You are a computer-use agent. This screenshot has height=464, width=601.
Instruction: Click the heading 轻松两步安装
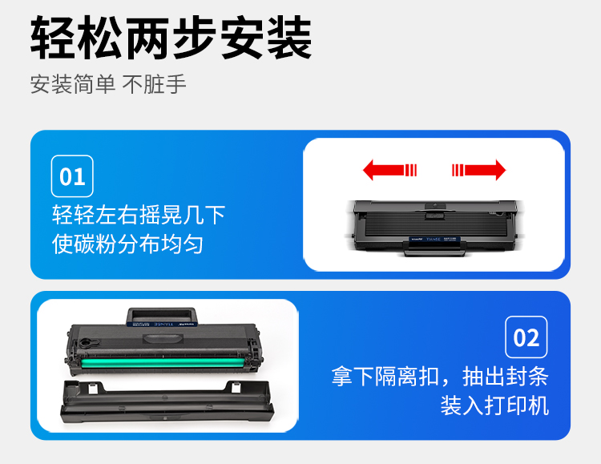coord(171,38)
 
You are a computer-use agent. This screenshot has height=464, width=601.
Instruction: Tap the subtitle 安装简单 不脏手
coord(108,84)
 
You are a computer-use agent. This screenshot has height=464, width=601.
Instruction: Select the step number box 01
coord(72,176)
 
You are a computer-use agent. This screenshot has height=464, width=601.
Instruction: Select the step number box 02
coord(526,337)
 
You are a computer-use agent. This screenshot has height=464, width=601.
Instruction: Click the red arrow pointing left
coord(389,170)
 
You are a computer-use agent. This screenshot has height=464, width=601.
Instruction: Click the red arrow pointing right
coord(478,170)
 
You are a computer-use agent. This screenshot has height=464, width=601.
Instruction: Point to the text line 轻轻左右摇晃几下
coord(139,215)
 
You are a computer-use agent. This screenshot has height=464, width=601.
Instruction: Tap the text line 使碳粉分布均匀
coord(127,244)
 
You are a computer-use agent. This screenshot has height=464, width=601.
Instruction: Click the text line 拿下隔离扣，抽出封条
coord(440,376)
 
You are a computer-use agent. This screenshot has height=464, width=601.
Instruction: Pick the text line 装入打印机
coord(495,405)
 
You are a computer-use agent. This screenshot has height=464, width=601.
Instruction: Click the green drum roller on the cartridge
coord(163,363)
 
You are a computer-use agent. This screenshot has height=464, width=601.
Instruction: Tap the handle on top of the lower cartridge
coord(162,317)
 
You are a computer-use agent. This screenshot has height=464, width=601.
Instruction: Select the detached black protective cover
coord(167,402)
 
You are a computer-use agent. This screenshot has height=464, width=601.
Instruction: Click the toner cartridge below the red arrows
coord(434,228)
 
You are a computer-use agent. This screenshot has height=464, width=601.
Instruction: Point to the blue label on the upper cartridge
coord(434,240)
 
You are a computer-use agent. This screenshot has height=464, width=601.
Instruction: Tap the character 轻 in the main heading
coord(53,38)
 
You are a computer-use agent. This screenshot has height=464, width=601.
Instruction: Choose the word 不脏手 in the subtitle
coord(155,84)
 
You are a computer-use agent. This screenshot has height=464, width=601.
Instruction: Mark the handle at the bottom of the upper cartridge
coord(434,250)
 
